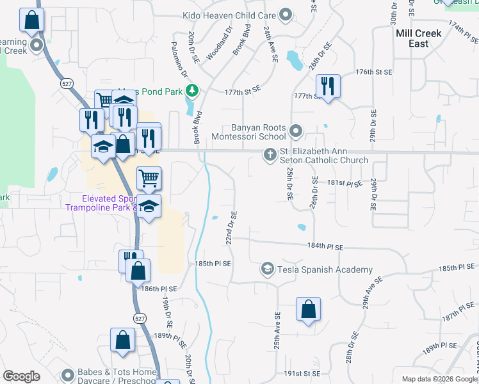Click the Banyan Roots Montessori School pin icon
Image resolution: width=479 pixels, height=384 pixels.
coord(296,131)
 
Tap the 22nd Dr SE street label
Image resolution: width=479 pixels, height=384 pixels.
coord(232,228)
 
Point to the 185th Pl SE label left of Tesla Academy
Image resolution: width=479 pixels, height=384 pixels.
coord(213,264)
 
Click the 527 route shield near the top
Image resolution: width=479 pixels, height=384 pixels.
coord(67,83)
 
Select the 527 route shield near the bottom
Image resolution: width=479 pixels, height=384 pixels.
coord(140,318)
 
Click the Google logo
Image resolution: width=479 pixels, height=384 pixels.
coord(22,376)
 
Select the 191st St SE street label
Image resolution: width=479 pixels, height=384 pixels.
coord(302,373)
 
